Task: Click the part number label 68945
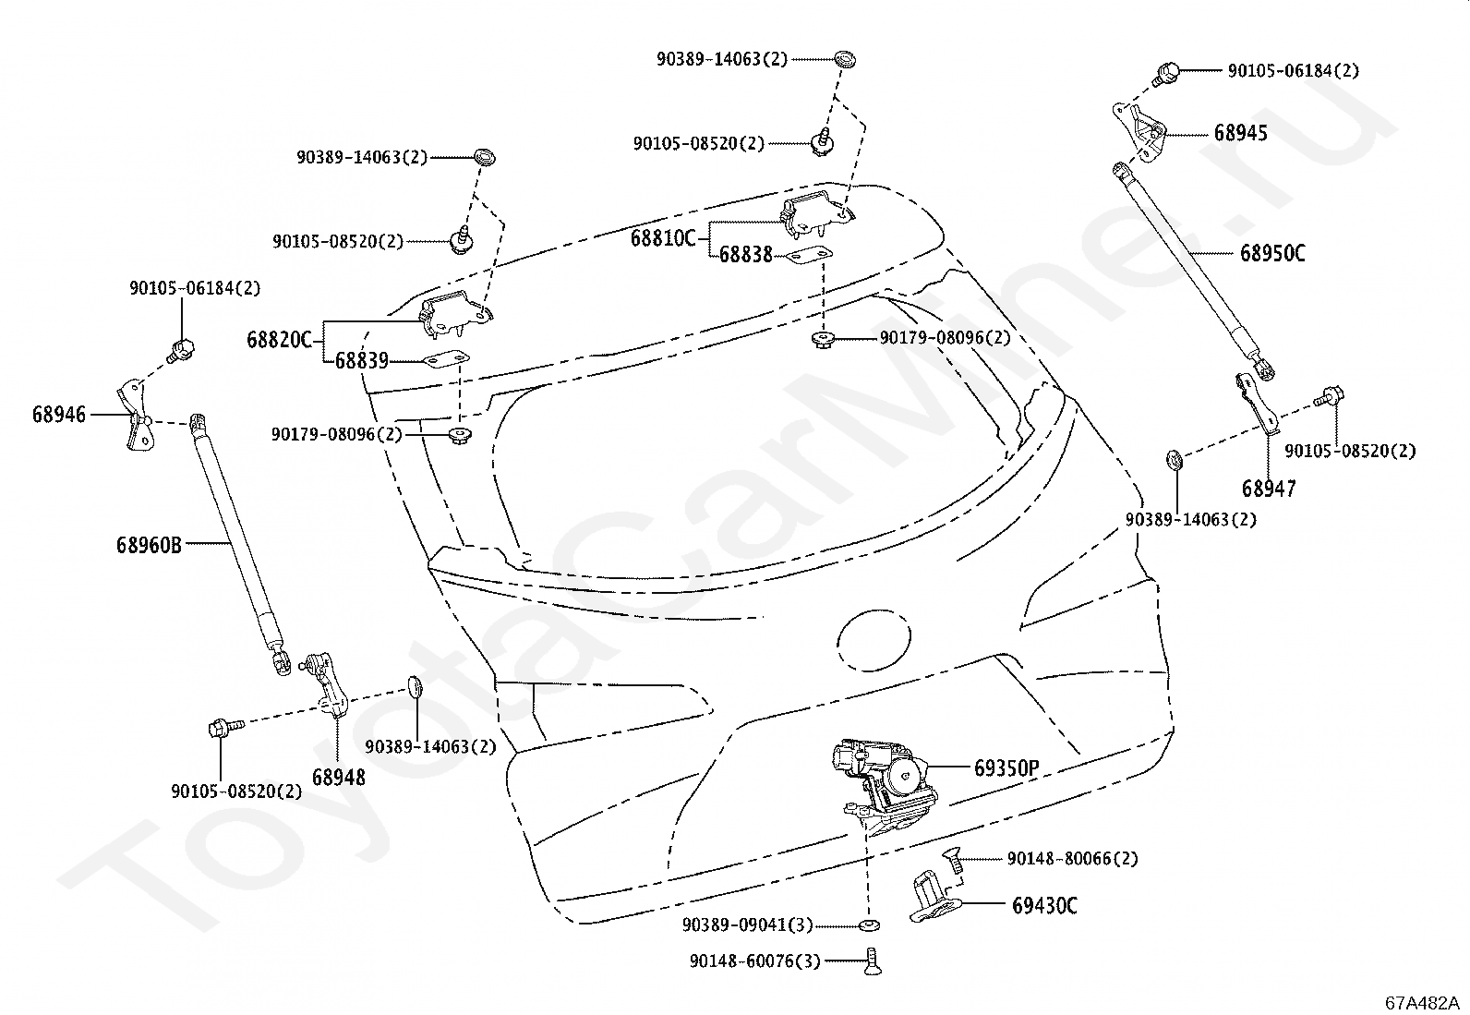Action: (1240, 133)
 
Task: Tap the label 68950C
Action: (1272, 253)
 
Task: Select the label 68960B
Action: (149, 545)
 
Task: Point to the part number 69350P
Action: (1006, 767)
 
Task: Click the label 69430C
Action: (1044, 906)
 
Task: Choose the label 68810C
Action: (663, 238)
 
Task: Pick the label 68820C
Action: (279, 340)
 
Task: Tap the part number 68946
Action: (59, 415)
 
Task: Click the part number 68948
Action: (339, 778)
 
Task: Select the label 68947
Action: (1269, 489)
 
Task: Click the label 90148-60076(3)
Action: (754, 961)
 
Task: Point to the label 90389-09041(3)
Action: (748, 925)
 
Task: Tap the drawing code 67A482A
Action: (1420, 1003)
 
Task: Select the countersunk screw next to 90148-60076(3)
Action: (873, 961)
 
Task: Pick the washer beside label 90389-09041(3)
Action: (870, 925)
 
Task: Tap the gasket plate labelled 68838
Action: (810, 257)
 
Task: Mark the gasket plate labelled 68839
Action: (446, 360)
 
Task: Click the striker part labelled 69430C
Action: (934, 896)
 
